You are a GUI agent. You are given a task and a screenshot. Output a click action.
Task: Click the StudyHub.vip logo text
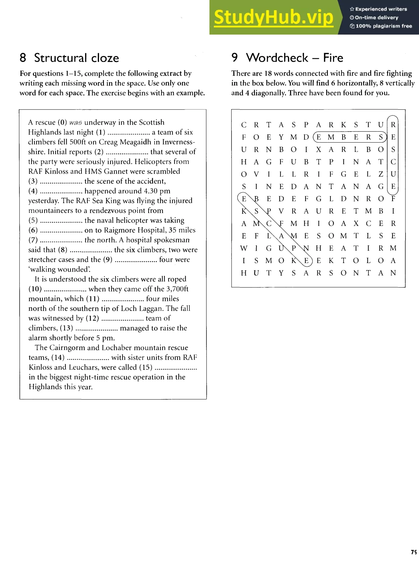pyautogui.click(x=273, y=17)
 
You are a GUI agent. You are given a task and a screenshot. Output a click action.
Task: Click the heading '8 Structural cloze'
pyautogui.click(x=69, y=58)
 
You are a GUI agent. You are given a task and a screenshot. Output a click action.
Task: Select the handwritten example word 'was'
pyautogui.click(x=75, y=123)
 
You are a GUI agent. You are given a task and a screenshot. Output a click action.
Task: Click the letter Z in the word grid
pyautogui.click(x=381, y=174)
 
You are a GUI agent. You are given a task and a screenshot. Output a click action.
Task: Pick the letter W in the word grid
pyautogui.click(x=243, y=248)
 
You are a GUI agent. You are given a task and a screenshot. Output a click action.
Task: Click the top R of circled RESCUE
pyautogui.click(x=393, y=125)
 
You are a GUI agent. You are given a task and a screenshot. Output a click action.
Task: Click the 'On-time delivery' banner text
pyautogui.click(x=376, y=18)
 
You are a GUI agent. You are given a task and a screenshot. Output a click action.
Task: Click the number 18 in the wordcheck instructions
pyautogui.click(x=268, y=74)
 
